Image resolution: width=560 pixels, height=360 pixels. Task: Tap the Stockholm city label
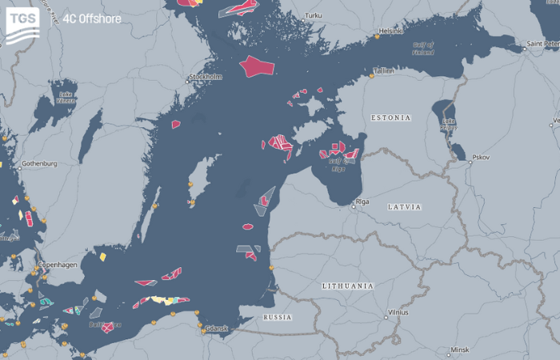204,78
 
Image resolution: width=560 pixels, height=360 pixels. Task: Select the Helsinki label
391,31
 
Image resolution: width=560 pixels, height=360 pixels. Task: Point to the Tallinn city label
384,71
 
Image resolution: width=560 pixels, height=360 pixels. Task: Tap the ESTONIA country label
390,118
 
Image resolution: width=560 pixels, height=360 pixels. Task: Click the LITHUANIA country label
347,286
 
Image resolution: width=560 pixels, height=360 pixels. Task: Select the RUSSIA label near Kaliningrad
278,318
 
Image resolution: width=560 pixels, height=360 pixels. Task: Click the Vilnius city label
398,313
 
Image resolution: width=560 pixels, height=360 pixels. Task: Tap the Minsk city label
459,350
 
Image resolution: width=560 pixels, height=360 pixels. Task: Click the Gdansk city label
217,329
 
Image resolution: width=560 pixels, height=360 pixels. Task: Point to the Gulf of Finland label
423,48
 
